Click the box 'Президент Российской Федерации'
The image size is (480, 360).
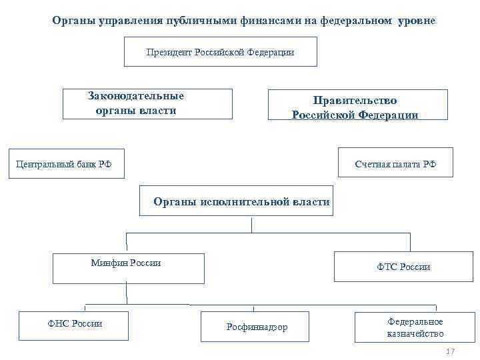pos(220,51)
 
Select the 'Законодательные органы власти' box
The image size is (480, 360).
pos(147,103)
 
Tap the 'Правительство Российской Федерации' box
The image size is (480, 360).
pos(355,105)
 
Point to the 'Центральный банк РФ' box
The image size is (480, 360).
pos(65,163)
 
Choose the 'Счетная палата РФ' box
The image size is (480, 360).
pos(395,163)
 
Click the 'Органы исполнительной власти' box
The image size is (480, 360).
pos(236,201)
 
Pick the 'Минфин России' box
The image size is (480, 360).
pos(129,267)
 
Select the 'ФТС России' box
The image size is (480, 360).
pos(403,267)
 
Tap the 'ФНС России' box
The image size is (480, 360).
pos(75,326)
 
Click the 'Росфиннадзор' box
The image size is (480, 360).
pos(257,327)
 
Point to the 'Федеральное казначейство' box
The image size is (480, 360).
pos(415,327)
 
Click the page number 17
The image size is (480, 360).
pos(449,351)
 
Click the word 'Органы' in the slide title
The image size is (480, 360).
pos(73,21)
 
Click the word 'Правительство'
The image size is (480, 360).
pos(355,100)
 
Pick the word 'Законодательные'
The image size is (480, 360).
pos(136,96)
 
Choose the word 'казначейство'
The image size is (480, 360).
pos(415,333)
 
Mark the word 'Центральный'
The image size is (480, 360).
pos(41,164)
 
